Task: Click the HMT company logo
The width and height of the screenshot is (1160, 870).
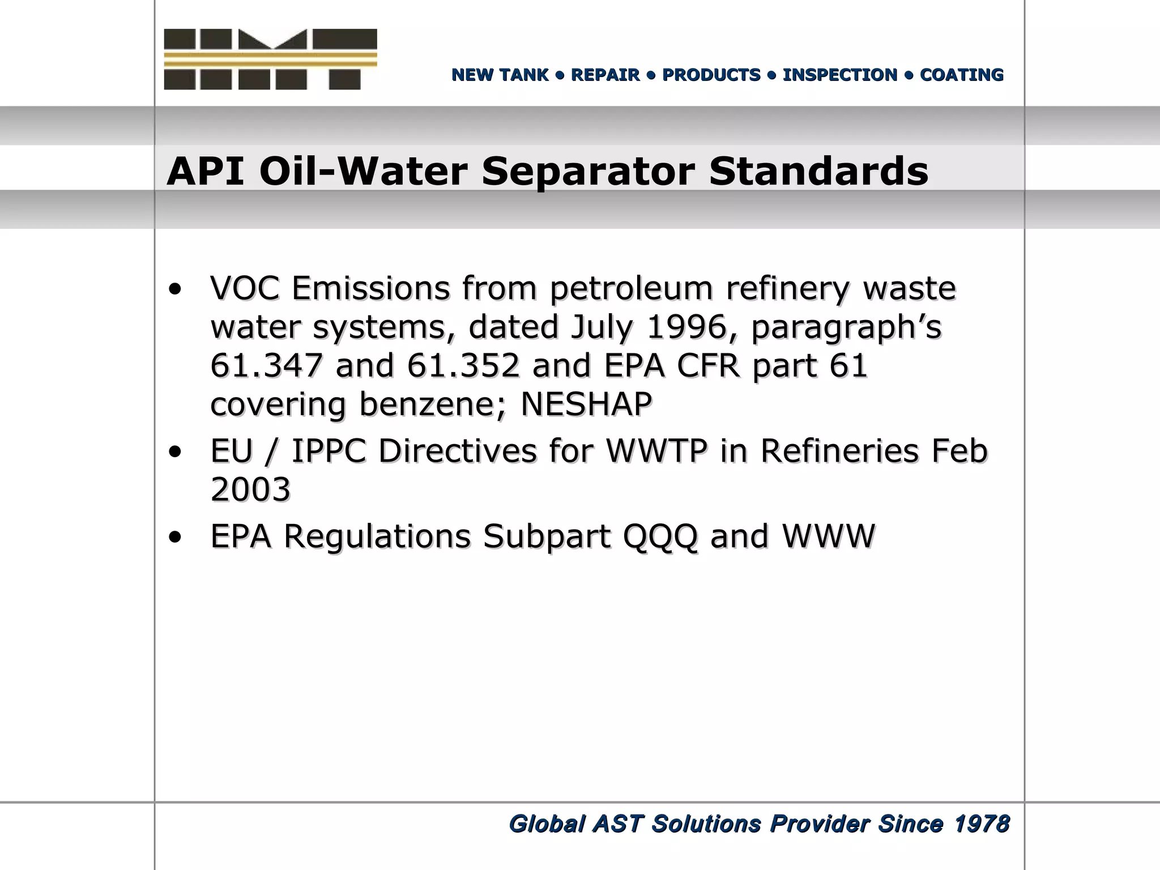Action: [x=270, y=59]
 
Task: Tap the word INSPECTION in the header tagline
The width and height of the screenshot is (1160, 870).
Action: [x=839, y=75]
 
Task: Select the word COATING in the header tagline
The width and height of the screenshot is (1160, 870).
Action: [x=961, y=75]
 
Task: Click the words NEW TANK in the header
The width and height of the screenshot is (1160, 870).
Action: [x=500, y=75]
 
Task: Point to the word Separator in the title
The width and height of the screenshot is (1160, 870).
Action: [x=588, y=171]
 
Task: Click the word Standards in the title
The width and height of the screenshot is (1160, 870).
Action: [x=818, y=171]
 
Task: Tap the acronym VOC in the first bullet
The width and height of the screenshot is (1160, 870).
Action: [x=244, y=288]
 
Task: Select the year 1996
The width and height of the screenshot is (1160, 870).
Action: [x=686, y=327]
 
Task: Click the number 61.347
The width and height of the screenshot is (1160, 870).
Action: [x=266, y=365]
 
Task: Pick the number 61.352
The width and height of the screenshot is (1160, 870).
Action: [x=463, y=365]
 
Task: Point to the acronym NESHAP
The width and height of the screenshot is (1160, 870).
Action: [x=586, y=404]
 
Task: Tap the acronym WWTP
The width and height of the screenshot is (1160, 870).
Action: [x=656, y=451]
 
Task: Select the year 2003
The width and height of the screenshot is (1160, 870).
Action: [x=250, y=489]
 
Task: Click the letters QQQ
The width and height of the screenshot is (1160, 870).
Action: [x=660, y=536]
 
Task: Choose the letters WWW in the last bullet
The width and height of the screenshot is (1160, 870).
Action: [x=828, y=536]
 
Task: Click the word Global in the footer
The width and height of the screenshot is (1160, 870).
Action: [x=546, y=824]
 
